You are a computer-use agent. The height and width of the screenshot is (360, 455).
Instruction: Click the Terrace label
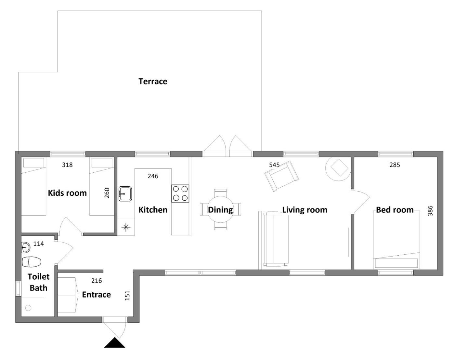click(153, 81)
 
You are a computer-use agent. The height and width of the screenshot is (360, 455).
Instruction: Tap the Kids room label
click(67, 193)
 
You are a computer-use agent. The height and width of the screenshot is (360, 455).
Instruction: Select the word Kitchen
click(153, 210)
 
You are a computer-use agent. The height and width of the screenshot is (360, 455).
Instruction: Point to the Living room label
click(305, 210)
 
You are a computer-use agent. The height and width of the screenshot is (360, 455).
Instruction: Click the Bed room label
click(395, 210)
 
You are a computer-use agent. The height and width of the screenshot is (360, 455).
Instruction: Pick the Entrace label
click(97, 294)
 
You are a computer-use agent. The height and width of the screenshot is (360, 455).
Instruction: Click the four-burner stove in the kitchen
click(180, 193)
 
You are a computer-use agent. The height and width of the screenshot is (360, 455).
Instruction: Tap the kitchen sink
click(125, 193)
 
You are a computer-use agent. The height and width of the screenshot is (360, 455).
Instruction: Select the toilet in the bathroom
click(32, 262)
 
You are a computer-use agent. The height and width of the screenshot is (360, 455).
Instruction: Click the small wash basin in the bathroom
click(26, 247)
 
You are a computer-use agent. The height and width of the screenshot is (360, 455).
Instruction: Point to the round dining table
click(221, 209)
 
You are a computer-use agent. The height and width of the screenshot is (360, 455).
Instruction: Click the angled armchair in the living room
click(282, 176)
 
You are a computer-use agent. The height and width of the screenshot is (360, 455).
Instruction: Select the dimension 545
click(274, 165)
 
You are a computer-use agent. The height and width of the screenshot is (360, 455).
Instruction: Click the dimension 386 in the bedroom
click(430, 211)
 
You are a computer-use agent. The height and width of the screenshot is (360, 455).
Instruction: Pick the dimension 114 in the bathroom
click(38, 244)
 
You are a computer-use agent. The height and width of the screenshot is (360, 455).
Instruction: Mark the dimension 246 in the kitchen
click(153, 176)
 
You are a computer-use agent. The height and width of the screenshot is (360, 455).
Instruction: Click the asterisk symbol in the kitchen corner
click(126, 227)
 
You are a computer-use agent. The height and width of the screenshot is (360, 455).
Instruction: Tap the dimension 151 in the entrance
click(127, 296)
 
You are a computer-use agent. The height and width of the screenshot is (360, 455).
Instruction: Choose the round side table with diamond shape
click(339, 169)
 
